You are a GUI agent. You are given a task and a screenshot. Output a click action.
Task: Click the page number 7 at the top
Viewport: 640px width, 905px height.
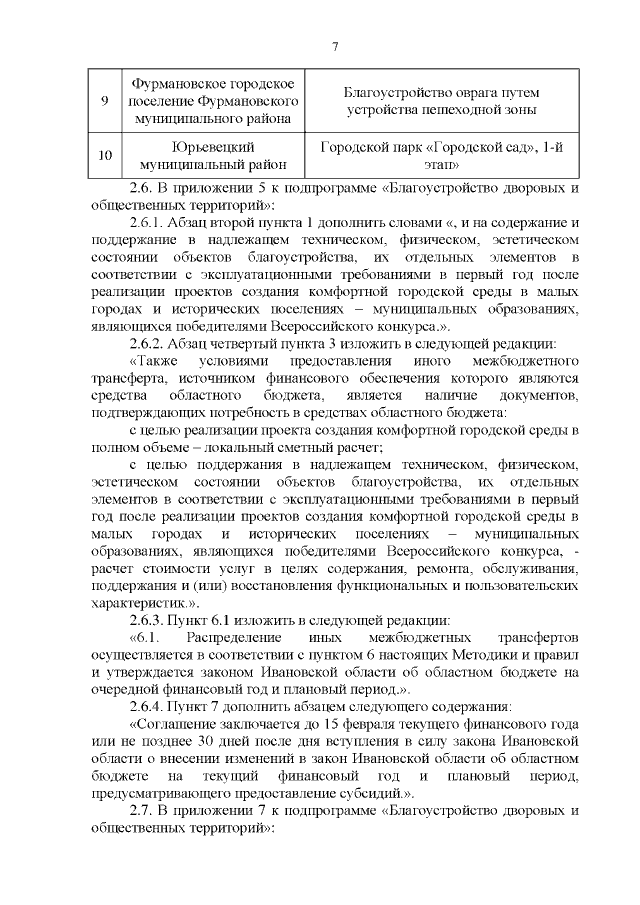pos(334,47)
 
